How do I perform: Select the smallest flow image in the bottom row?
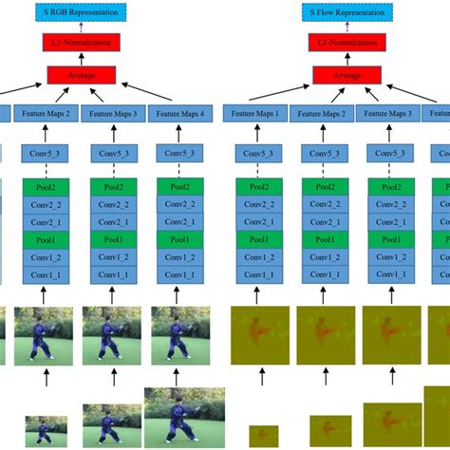pyautogui.click(x=263, y=436)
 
